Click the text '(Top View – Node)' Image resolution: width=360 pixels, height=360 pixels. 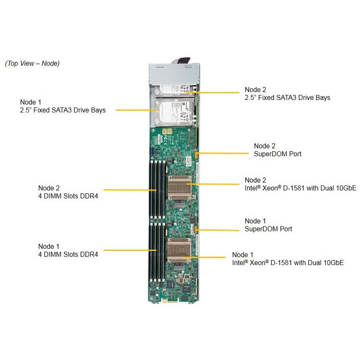32,63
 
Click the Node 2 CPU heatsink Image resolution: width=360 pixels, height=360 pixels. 180,185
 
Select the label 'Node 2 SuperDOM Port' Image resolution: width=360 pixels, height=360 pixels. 277,150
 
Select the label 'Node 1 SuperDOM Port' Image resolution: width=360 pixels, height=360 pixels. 268,225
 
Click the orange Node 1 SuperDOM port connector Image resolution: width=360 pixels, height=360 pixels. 197,230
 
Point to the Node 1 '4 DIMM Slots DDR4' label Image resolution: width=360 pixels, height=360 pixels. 67,250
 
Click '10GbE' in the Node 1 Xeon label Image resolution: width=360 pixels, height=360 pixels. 333,262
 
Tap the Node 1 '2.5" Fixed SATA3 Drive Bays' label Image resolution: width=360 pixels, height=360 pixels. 63,106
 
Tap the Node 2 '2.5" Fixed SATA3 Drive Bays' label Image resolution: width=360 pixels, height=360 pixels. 287,93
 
